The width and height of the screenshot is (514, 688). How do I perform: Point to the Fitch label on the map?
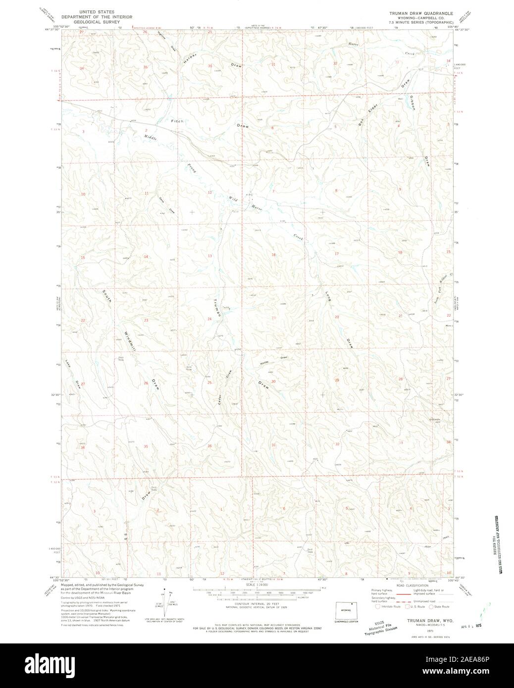177,121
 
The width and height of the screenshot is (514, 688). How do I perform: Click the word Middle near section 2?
151,138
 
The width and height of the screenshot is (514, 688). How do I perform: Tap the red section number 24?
210,319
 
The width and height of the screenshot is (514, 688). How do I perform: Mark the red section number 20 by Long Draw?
337,316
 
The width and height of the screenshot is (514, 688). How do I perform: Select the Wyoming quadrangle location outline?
346,611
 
